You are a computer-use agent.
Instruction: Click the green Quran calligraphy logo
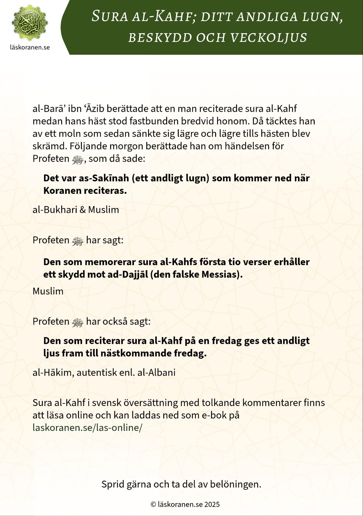tap(30, 23)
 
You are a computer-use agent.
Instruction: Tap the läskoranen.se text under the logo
tap(30, 47)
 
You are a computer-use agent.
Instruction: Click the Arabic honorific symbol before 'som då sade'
tap(78, 159)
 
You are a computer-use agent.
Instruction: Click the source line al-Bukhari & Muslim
tap(76, 210)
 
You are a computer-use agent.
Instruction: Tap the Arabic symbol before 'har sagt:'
tap(78, 241)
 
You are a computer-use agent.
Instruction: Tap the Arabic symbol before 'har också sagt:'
tap(78, 322)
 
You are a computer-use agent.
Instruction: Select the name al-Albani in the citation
tap(157, 372)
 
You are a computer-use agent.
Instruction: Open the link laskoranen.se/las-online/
tap(87, 428)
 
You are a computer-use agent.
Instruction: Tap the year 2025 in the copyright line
tap(212, 504)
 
